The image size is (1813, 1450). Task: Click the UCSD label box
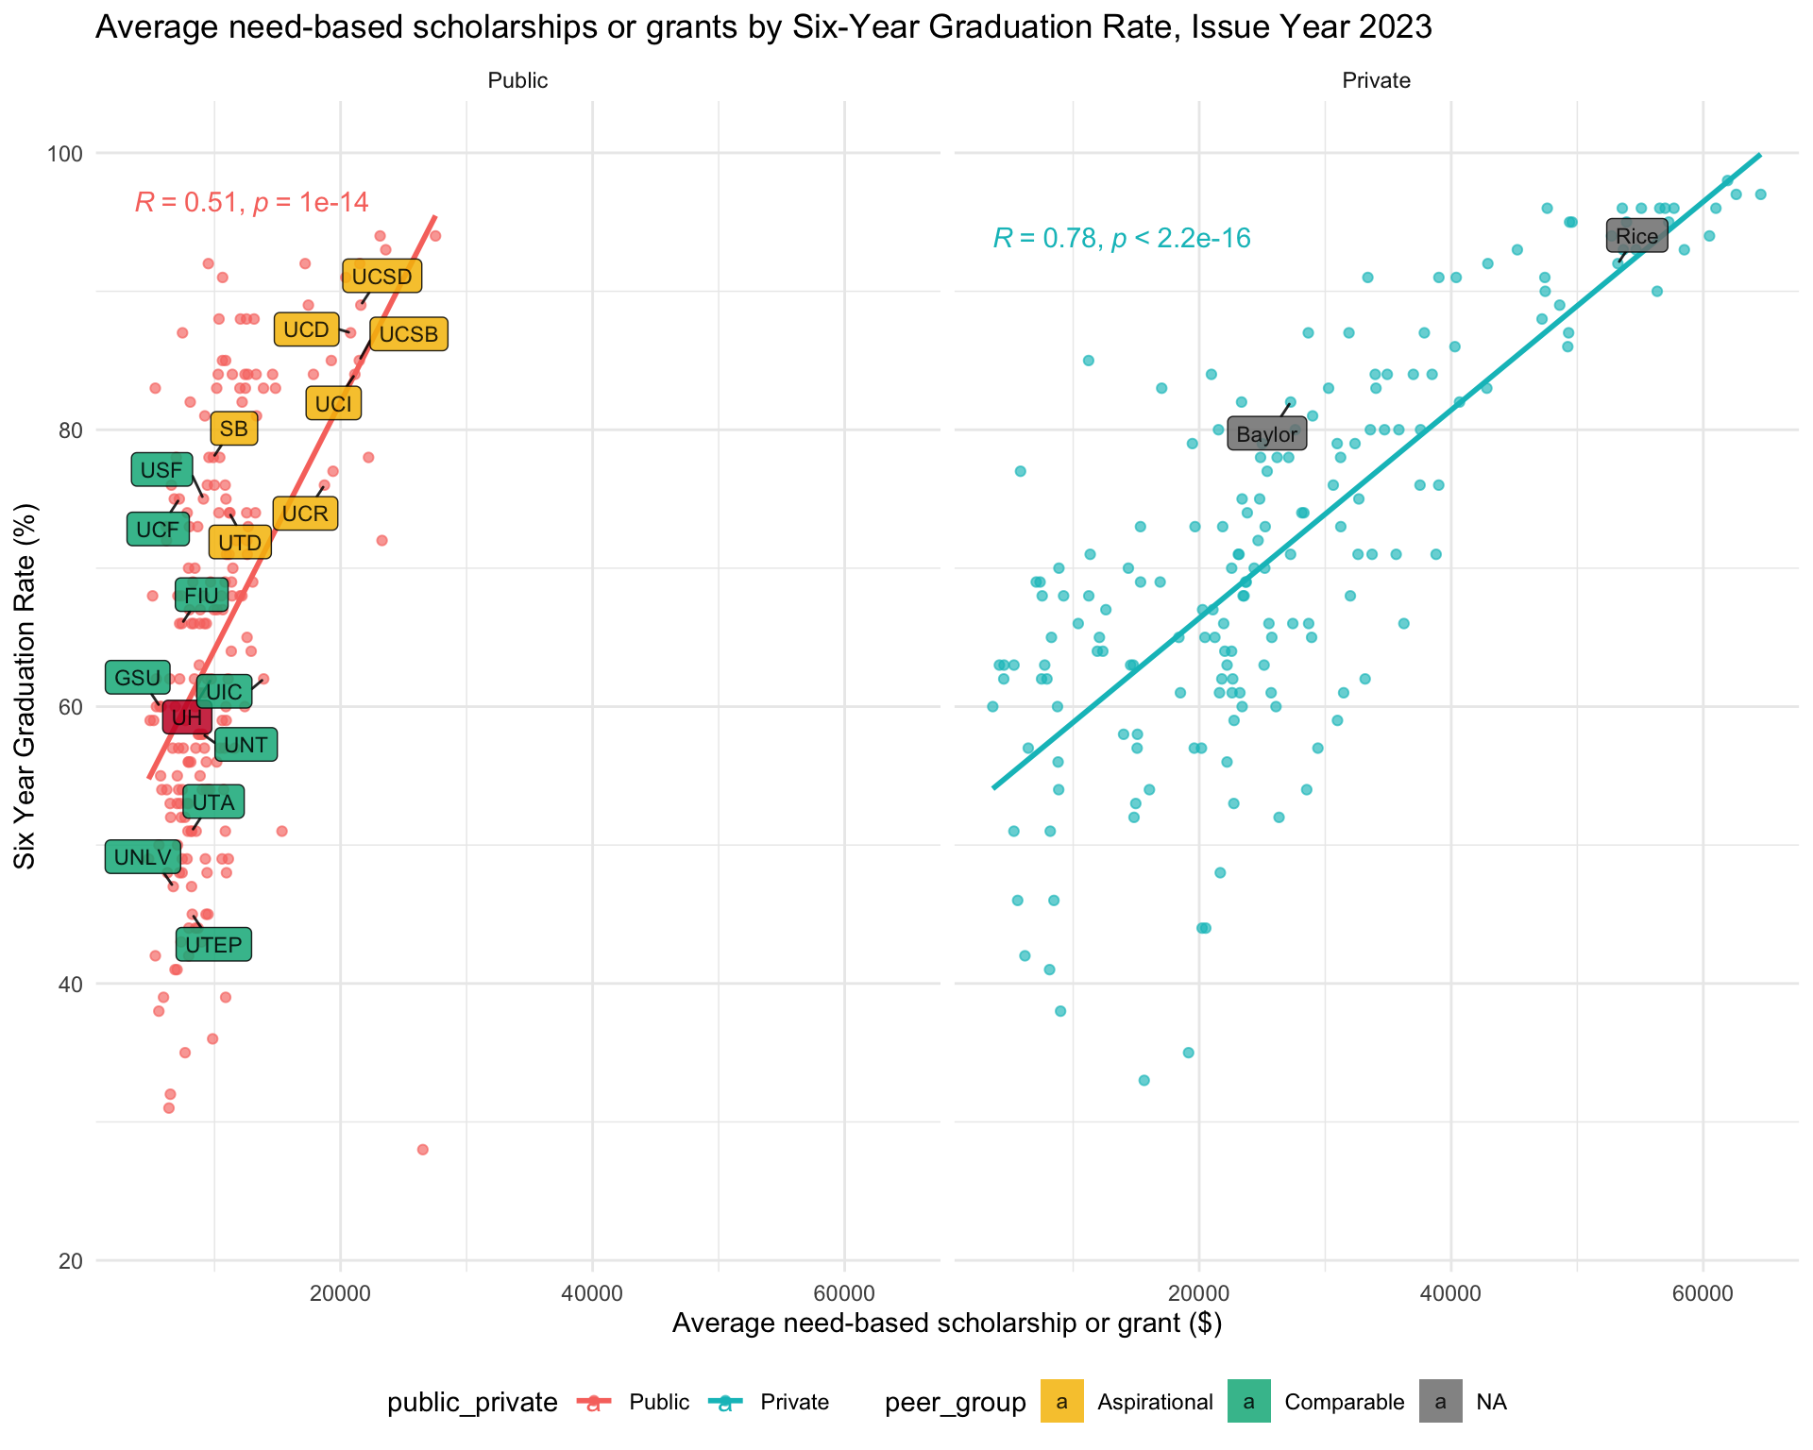click(381, 277)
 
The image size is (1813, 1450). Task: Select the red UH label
click(187, 717)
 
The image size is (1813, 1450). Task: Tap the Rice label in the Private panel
click(1636, 236)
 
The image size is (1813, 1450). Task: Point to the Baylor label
click(1266, 434)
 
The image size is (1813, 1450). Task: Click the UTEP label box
click(213, 944)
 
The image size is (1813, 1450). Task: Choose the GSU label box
click(138, 678)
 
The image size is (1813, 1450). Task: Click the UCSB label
click(409, 334)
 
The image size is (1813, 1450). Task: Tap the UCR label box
click(305, 514)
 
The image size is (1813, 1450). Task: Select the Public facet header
click(517, 81)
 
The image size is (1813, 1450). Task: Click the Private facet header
click(1376, 81)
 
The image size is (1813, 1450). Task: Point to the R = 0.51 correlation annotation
click(251, 202)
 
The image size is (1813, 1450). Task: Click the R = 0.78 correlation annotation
click(1122, 239)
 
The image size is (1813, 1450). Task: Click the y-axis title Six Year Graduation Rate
click(25, 686)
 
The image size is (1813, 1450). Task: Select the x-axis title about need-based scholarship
click(946, 1324)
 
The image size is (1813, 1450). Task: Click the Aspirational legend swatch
click(1062, 1402)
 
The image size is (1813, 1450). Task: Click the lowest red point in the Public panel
click(422, 1149)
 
